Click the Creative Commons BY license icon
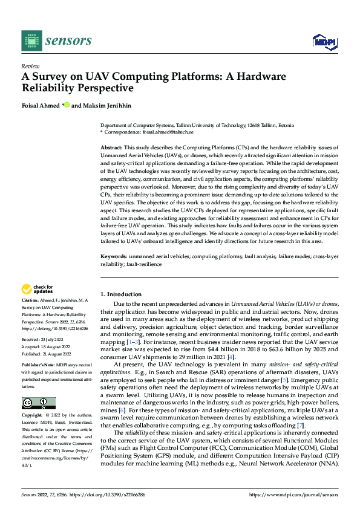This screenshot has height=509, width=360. tap(38, 403)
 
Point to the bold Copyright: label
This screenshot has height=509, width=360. tap(32, 416)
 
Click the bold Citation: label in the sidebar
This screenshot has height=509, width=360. tap(30, 300)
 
